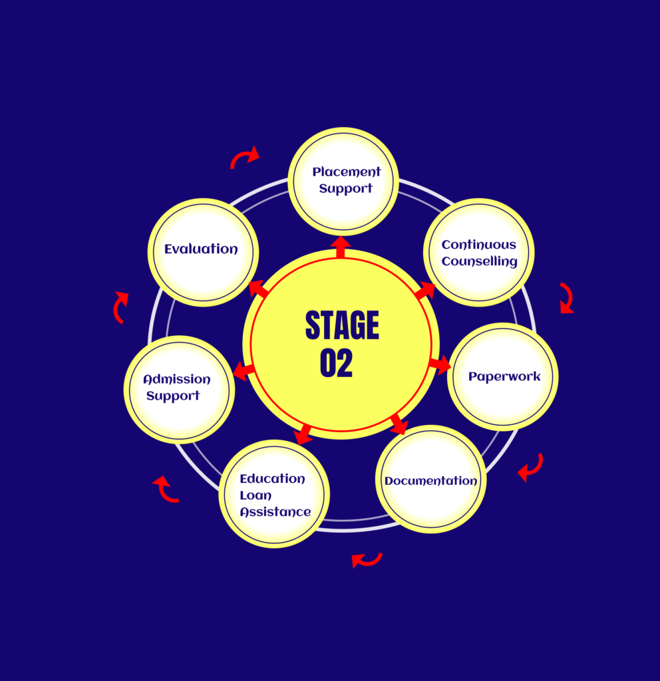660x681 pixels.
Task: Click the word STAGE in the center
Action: [342, 326]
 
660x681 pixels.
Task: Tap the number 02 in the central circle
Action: [336, 363]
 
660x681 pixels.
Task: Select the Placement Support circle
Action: [343, 181]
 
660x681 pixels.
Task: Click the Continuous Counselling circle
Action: [479, 253]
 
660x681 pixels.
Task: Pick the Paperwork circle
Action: [503, 377]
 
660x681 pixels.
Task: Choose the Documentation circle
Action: [431, 479]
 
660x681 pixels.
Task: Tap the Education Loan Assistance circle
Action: [274, 494]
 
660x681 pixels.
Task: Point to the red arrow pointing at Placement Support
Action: [341, 246]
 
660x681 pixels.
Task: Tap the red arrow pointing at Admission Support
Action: [244, 370]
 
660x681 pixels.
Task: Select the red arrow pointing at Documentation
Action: [399, 424]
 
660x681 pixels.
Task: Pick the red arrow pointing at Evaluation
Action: [258, 289]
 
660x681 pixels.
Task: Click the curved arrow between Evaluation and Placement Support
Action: [245, 158]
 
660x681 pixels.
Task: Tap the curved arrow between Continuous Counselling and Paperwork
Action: [566, 298]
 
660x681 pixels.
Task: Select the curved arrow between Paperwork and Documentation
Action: [530, 468]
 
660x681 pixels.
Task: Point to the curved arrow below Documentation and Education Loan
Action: [367, 560]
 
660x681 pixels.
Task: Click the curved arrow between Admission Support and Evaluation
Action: [120, 307]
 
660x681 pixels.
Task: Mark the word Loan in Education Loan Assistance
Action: [255, 495]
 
